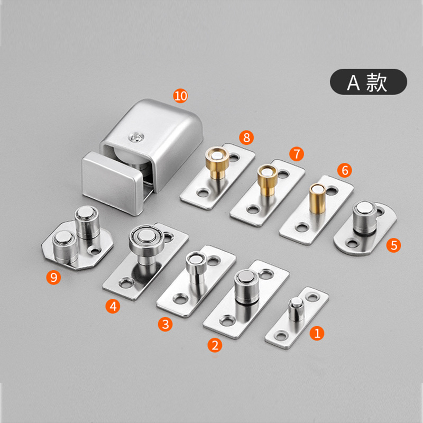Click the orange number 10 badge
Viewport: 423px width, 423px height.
pyautogui.click(x=180, y=96)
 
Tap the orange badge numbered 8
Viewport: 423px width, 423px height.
pyautogui.click(x=246, y=137)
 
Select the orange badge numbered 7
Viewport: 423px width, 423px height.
pyautogui.click(x=297, y=154)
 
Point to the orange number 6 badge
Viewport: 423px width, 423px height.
pyautogui.click(x=345, y=170)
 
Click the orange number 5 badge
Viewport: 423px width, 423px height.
pyautogui.click(x=393, y=245)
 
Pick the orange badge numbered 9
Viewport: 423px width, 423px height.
pyautogui.click(x=53, y=277)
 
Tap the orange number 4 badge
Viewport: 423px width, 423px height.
pyautogui.click(x=113, y=306)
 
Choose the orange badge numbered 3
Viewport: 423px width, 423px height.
pyautogui.click(x=165, y=324)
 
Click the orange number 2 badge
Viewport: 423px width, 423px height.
pyautogui.click(x=215, y=345)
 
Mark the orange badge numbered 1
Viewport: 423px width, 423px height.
pyautogui.click(x=317, y=333)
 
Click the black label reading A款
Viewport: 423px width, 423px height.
pyautogui.click(x=369, y=82)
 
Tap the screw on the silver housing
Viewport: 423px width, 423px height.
pyautogui.click(x=136, y=138)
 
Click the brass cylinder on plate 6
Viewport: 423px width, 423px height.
pyautogui.click(x=317, y=198)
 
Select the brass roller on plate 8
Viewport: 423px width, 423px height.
pyautogui.click(x=217, y=162)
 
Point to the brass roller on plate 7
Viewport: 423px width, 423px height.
pyautogui.click(x=267, y=179)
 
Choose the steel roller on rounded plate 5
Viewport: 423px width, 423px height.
pyautogui.click(x=364, y=218)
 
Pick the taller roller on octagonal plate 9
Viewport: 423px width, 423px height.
pyautogui.click(x=86, y=222)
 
